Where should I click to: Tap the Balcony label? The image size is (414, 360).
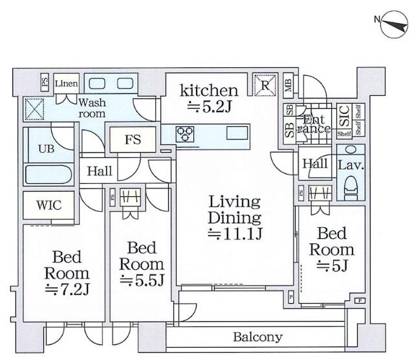click(x=258, y=337)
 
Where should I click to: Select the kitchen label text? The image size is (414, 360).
click(x=209, y=89)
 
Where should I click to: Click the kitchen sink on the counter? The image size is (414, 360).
click(x=235, y=134)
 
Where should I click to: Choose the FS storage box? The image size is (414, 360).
click(x=133, y=139)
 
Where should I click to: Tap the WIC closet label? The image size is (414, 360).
click(x=49, y=206)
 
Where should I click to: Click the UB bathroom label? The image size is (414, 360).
click(x=46, y=148)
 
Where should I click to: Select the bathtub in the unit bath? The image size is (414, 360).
click(x=49, y=175)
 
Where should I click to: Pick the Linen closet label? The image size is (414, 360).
click(x=66, y=84)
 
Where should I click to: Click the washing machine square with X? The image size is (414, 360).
click(x=34, y=108)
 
